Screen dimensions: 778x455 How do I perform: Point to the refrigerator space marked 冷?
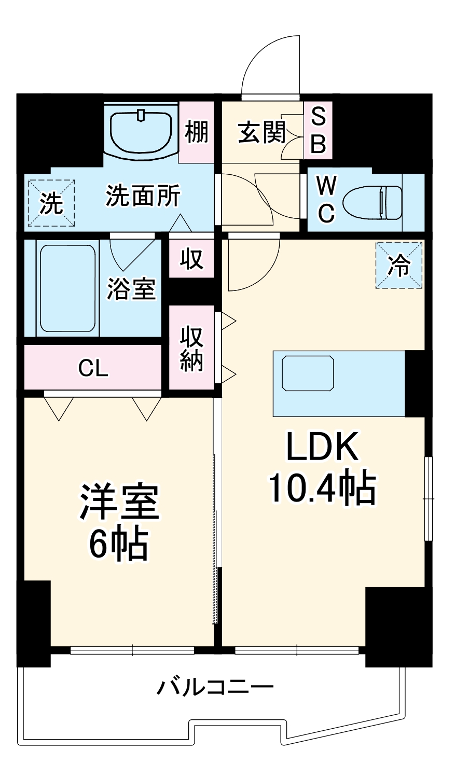tap(399, 265)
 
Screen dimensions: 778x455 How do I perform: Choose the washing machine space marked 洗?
tap(51, 203)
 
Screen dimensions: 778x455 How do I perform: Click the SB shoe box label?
tap(318, 130)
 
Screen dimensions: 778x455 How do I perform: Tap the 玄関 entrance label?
tap(262, 133)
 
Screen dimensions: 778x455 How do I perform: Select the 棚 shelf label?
tap(197, 131)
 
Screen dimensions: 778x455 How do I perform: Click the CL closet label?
tap(93, 368)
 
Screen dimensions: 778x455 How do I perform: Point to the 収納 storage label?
tap(192, 348)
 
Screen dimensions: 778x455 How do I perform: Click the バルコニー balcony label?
tap(215, 688)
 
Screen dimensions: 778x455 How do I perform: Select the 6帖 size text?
tap(119, 544)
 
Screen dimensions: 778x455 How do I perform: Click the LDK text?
tap(322, 447)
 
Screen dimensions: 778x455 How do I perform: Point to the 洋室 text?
tap(119, 502)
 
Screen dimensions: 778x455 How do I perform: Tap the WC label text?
tap(326, 199)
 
